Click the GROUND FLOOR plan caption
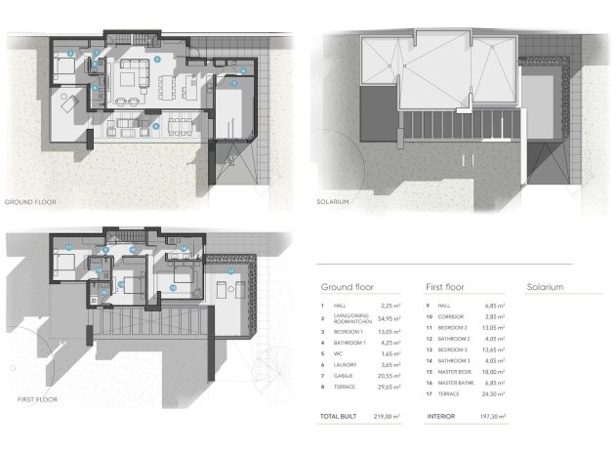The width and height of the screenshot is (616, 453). click(x=30, y=202)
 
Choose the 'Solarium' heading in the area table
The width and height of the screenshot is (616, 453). click(x=546, y=288)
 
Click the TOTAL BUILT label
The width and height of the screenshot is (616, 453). click(x=341, y=416)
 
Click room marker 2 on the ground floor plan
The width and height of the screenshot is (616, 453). click(x=156, y=60)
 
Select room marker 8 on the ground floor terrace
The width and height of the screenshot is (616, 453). click(x=156, y=126)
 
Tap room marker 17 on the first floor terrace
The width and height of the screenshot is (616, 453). click(x=230, y=270)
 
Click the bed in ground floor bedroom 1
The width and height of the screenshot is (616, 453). click(x=62, y=67)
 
